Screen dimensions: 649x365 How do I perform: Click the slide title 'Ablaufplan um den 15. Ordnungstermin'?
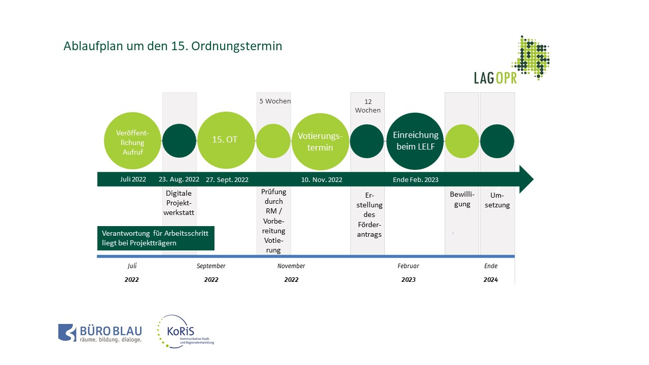click(x=173, y=46)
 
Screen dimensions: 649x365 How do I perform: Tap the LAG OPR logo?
click(x=512, y=60)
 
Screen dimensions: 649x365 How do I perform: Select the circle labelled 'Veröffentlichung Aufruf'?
click(x=132, y=141)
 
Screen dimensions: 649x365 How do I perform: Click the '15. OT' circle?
click(x=226, y=140)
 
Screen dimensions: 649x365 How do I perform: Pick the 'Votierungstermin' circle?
click(x=320, y=141)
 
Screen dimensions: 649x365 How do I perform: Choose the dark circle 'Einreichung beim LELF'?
click(x=415, y=141)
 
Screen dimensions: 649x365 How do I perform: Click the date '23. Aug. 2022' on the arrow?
click(x=179, y=179)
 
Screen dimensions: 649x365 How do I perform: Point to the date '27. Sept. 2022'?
click(x=227, y=179)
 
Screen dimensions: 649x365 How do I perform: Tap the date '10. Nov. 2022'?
click(x=321, y=179)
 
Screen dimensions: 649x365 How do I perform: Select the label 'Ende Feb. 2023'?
click(x=415, y=179)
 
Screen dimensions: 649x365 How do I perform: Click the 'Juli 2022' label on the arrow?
click(x=133, y=179)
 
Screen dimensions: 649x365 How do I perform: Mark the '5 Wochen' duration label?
click(x=275, y=101)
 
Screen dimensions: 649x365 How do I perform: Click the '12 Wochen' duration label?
click(x=368, y=106)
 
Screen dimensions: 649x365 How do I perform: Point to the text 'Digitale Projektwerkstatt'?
click(x=179, y=203)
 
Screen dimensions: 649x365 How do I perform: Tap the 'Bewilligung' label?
click(x=462, y=199)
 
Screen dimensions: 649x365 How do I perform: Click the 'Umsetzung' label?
click(x=497, y=200)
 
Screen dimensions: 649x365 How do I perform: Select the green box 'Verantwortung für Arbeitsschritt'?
click(x=156, y=238)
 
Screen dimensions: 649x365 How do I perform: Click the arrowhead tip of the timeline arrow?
click(x=533, y=179)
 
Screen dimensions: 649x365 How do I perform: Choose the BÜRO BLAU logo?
click(x=100, y=333)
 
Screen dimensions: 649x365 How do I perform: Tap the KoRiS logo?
click(x=186, y=332)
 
